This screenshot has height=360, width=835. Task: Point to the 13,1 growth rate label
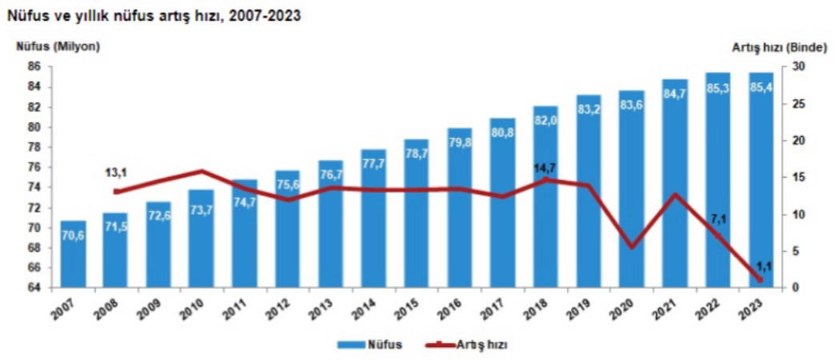tap(117, 173)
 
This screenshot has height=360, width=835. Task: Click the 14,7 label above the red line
tap(545, 168)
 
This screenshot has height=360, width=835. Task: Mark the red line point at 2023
tap(760, 279)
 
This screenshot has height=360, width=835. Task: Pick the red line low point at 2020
tap(631, 247)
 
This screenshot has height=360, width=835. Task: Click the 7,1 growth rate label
tap(717, 218)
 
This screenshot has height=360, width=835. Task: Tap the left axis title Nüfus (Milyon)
tap(58, 46)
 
